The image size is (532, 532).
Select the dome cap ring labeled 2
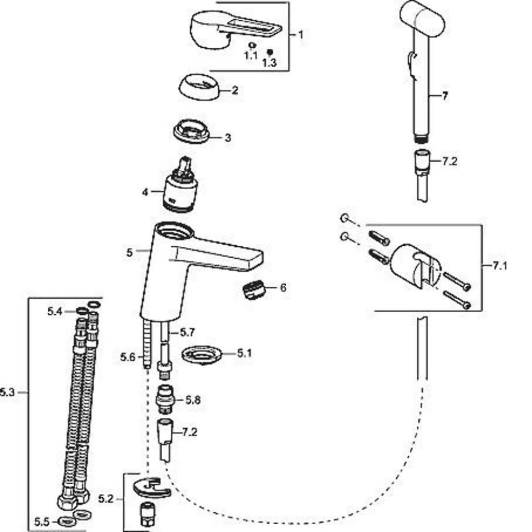[199, 87]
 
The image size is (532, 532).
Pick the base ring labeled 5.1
[202, 355]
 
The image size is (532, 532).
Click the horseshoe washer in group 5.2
[151, 487]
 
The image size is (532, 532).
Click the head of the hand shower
[422, 19]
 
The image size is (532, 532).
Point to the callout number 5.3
[7, 392]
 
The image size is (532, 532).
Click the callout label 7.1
[499, 266]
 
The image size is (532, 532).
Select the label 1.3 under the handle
[269, 63]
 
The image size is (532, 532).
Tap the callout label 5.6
[127, 357]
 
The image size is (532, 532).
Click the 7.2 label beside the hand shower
[449, 161]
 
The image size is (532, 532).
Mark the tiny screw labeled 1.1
[251, 46]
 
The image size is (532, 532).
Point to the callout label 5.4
[55, 311]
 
